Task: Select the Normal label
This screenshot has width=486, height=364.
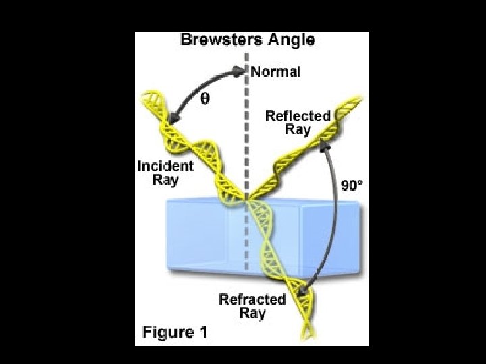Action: [x=275, y=72]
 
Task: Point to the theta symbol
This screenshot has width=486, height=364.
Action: [x=205, y=98]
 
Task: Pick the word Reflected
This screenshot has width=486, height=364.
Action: [x=298, y=116]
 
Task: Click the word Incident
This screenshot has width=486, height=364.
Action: [x=165, y=165]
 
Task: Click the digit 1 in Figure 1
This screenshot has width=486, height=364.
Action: [x=202, y=332]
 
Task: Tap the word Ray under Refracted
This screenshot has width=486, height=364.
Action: [x=251, y=313]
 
